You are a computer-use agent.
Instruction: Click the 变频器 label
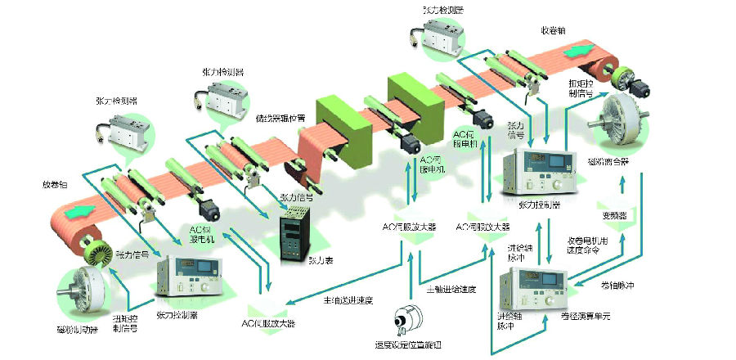(x=613, y=215)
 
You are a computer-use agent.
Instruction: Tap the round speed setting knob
(x=406, y=318)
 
